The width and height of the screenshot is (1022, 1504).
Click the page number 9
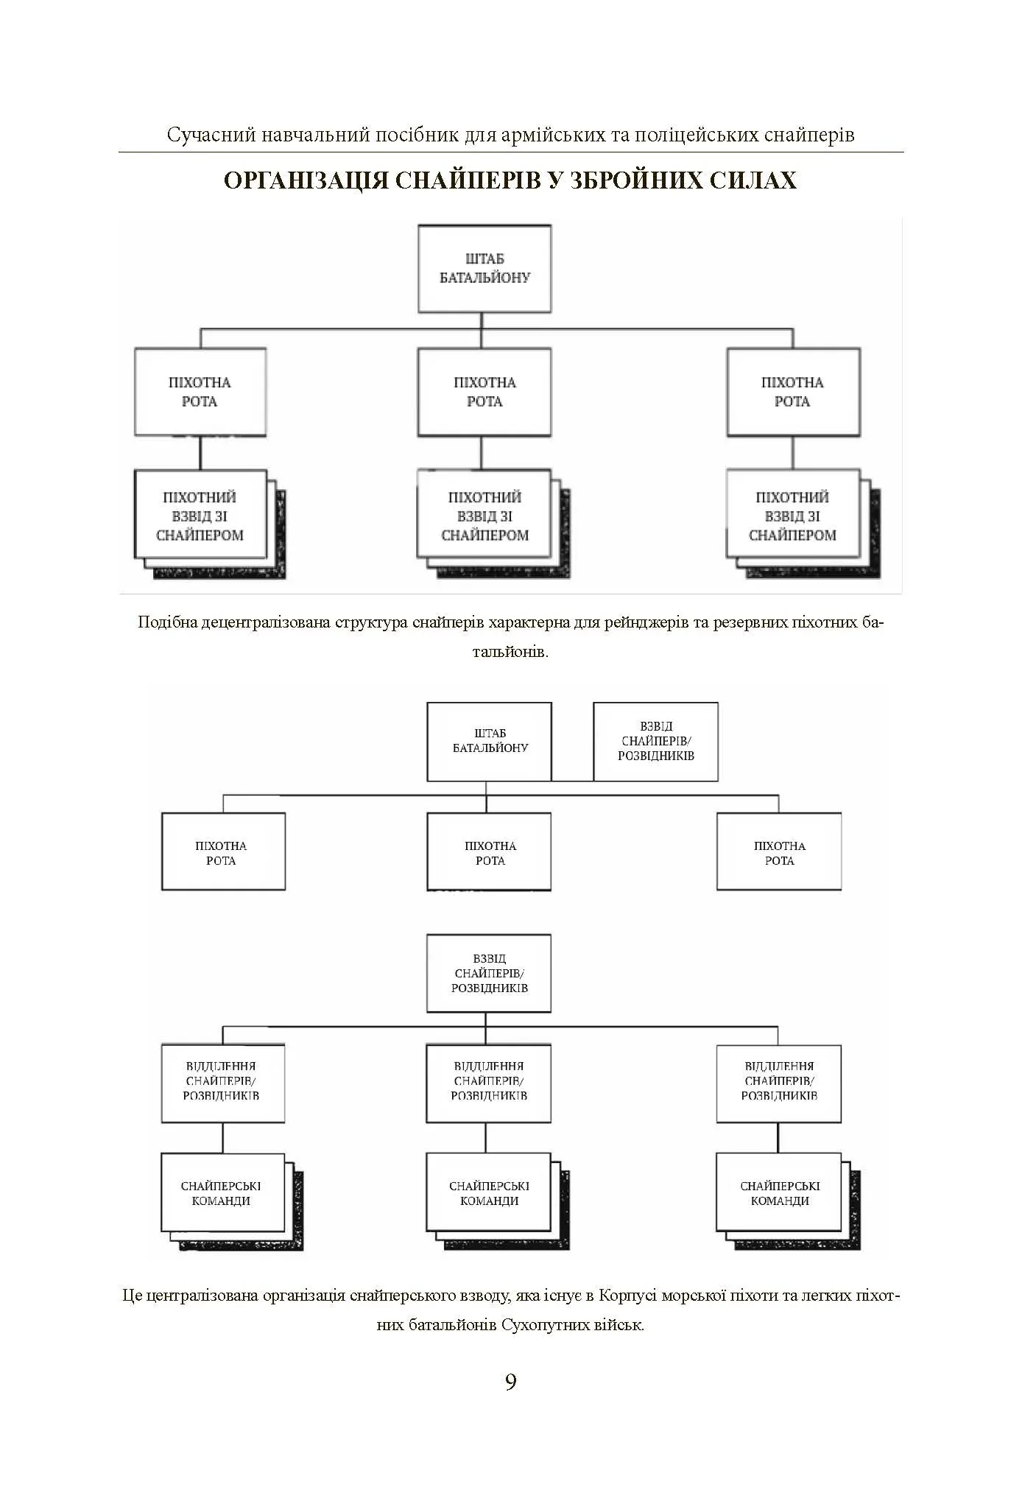tap(511, 1382)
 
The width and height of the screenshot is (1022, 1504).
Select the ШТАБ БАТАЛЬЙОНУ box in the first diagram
tap(484, 269)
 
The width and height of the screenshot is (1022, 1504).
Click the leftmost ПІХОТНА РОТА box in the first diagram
tap(200, 392)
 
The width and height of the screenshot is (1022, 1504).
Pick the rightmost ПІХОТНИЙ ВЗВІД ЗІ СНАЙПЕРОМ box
tap(792, 516)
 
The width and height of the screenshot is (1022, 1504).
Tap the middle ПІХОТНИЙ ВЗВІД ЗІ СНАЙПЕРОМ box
tap(484, 516)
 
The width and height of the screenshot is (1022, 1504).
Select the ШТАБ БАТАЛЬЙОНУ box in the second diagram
tap(490, 741)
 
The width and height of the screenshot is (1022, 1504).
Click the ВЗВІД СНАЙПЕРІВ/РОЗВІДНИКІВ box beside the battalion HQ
tap(655, 741)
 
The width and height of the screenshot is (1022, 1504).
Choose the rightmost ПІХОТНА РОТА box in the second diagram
tap(779, 852)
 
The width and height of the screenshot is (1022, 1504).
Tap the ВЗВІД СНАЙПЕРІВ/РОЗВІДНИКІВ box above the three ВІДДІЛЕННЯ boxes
tap(489, 973)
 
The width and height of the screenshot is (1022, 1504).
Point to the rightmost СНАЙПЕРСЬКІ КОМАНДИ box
tap(779, 1193)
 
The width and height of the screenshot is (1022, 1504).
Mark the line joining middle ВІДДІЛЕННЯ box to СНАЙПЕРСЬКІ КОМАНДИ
tap(486, 1138)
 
